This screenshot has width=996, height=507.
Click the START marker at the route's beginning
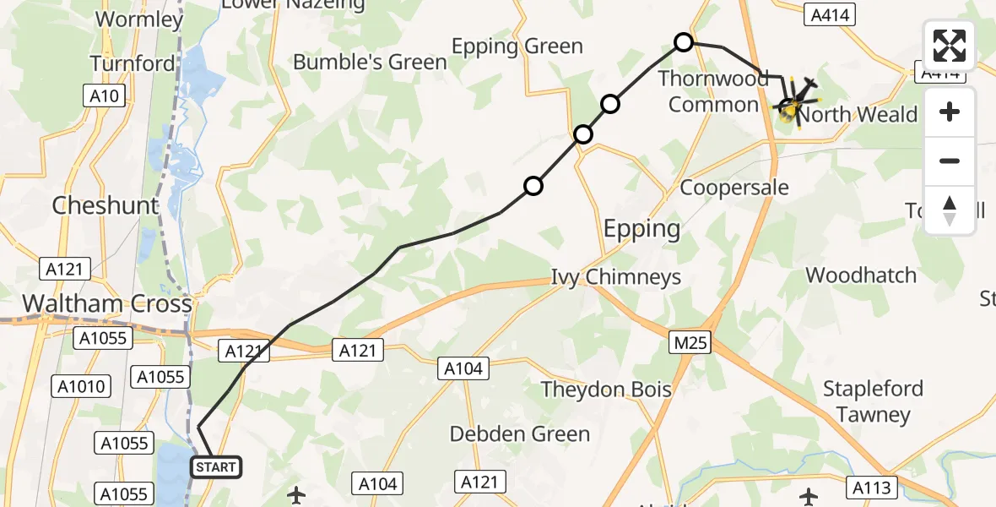216,466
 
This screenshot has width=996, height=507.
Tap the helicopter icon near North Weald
791,107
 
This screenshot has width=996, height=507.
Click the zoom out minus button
950,161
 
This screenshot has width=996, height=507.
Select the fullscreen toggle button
950,46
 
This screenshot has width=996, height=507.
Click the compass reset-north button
950,210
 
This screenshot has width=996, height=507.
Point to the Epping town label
641,228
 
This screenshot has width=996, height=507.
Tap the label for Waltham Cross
106,304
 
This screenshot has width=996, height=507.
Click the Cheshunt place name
106,205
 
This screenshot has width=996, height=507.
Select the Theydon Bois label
606,390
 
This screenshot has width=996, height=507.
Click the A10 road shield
105,96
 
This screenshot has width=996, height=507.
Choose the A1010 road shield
82,387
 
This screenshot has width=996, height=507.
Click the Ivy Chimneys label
615,277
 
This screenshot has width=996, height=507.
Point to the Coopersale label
733,188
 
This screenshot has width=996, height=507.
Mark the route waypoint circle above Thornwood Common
684,42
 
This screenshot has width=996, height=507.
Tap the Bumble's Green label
370,63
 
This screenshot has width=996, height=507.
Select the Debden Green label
520,434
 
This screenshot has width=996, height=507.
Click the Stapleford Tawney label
873,401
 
